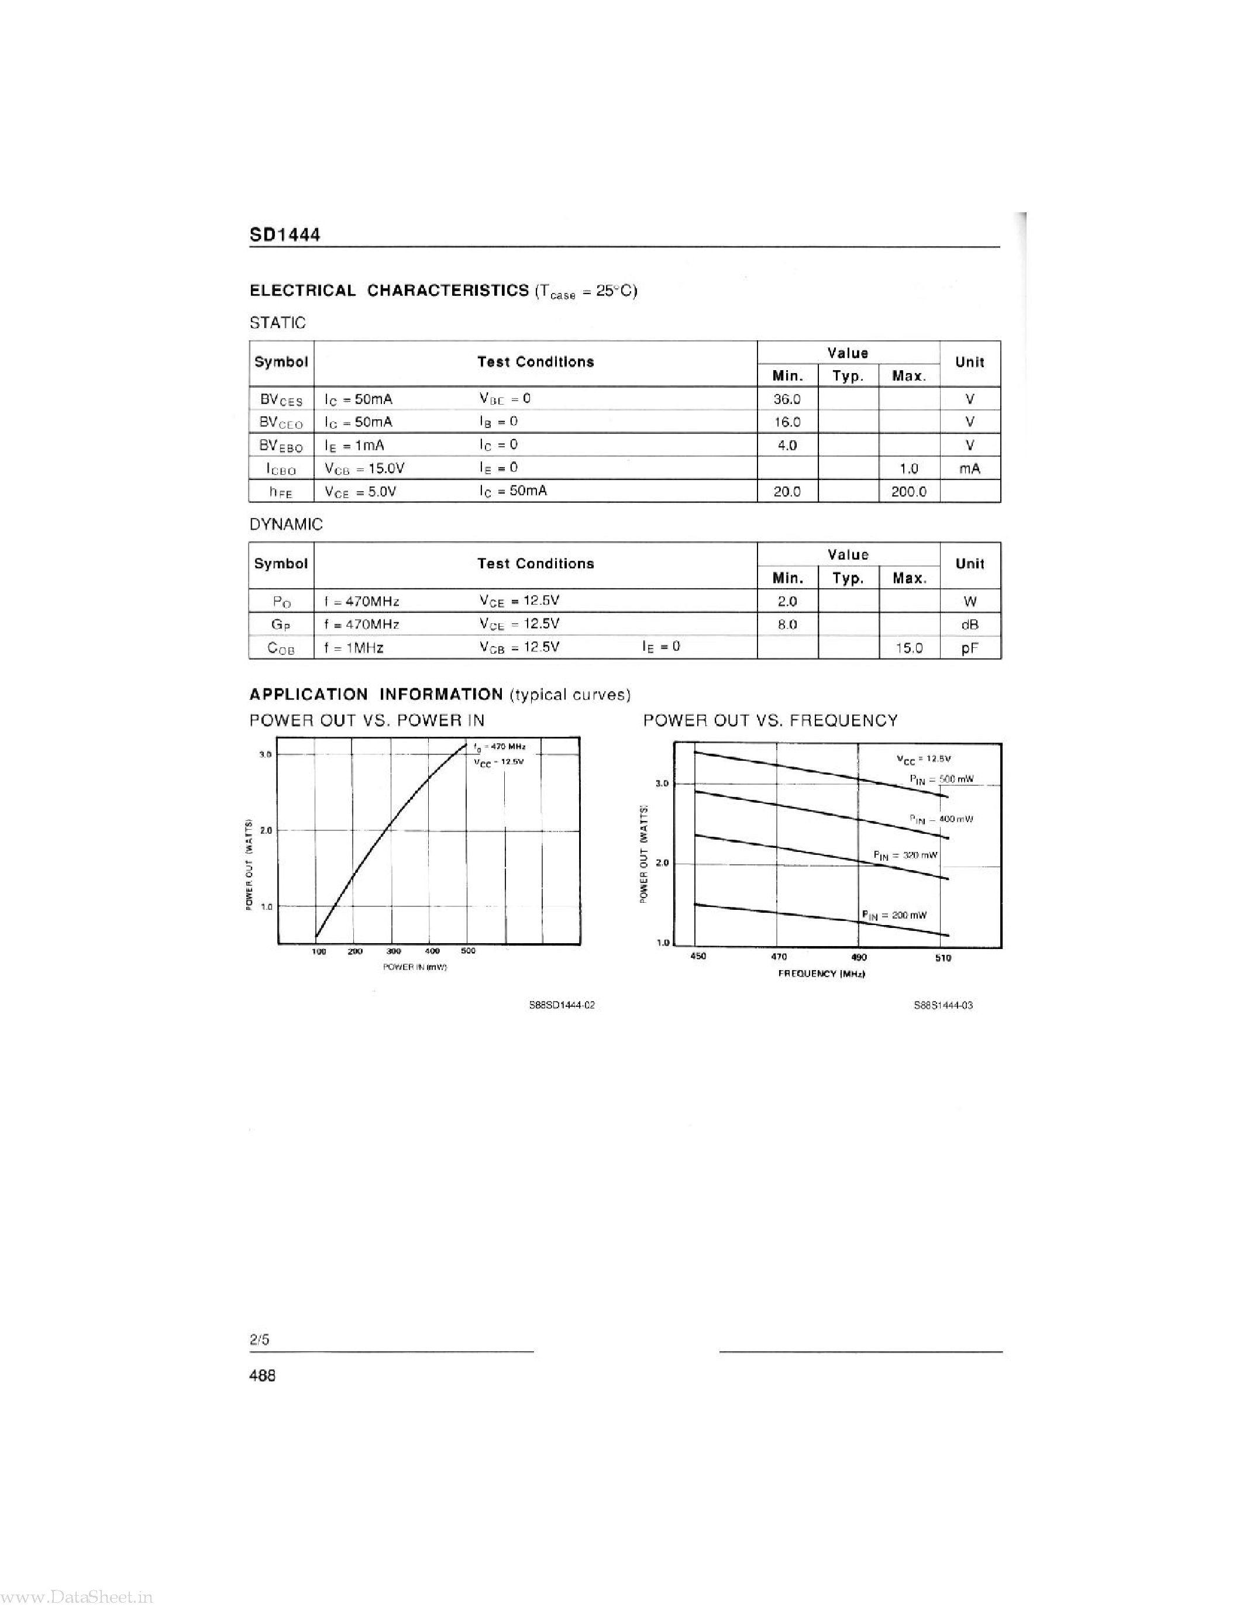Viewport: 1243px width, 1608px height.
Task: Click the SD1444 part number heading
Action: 285,235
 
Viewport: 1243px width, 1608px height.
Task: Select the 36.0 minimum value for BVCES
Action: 786,399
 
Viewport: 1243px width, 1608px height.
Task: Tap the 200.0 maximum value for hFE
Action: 908,491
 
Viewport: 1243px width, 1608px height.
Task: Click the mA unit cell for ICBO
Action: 969,468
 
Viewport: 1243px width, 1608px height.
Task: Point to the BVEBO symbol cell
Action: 281,446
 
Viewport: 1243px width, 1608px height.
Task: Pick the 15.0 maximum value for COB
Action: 908,648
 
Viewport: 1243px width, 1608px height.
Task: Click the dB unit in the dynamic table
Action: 969,624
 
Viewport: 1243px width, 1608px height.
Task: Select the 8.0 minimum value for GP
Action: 786,624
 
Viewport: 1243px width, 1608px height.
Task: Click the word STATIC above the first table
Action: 278,323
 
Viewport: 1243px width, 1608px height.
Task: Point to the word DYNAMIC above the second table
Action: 285,525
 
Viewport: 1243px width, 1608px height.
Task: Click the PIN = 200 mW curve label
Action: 894,915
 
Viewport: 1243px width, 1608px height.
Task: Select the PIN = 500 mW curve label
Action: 942,779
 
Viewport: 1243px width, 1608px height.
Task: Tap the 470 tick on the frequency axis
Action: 779,957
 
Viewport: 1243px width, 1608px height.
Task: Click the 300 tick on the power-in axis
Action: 394,951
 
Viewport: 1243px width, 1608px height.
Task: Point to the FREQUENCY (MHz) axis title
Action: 821,974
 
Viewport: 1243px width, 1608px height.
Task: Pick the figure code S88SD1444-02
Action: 562,1005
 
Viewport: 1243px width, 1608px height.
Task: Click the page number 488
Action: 263,1375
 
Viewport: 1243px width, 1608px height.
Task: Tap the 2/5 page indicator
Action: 259,1339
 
